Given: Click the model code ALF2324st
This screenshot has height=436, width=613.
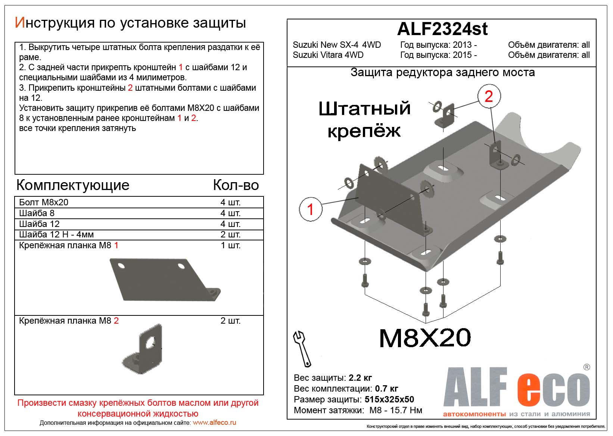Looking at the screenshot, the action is pyautogui.click(x=442, y=29).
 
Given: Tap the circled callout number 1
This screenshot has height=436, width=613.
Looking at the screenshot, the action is pyautogui.click(x=311, y=209).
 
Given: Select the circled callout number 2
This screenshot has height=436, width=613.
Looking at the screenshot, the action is pyautogui.click(x=489, y=96).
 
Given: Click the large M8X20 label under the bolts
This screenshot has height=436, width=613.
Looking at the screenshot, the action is pyautogui.click(x=425, y=338).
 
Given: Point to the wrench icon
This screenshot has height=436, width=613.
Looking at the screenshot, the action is pyautogui.click(x=302, y=349).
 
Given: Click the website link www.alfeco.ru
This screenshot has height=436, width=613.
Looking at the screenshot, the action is pyautogui.click(x=215, y=422).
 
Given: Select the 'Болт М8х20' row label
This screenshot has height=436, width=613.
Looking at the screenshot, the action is pyautogui.click(x=44, y=202).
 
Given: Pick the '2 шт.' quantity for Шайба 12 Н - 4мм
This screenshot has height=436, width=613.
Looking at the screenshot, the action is pyautogui.click(x=230, y=234).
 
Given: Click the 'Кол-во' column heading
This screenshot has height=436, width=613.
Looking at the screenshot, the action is pyautogui.click(x=236, y=185).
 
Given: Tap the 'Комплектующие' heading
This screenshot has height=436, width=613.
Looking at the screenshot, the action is pyautogui.click(x=73, y=185).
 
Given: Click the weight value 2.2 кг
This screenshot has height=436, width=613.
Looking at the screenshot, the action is pyautogui.click(x=360, y=378).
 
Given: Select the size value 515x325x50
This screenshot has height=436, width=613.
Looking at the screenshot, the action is pyautogui.click(x=389, y=399).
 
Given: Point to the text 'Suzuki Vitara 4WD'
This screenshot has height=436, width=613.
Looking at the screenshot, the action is pyautogui.click(x=328, y=55).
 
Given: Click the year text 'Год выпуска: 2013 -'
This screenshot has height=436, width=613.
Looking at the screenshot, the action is pyautogui.click(x=438, y=45).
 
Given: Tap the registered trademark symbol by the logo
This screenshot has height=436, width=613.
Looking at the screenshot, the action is pyautogui.click(x=587, y=367).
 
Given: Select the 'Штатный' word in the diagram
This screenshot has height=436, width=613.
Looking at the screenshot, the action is pyautogui.click(x=364, y=108).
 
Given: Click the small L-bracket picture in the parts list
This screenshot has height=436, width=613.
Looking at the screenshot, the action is pyautogui.click(x=142, y=348).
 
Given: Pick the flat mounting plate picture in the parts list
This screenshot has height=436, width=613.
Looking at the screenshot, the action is pyautogui.click(x=165, y=280).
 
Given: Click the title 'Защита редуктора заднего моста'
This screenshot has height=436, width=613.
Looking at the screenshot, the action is pyautogui.click(x=442, y=72).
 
